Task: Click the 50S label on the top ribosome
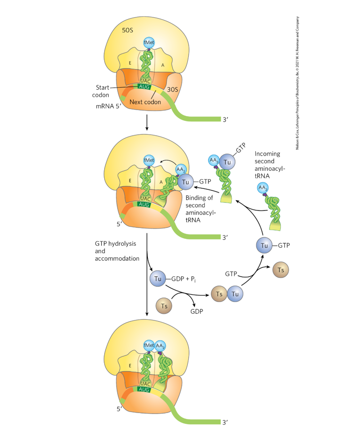tap(127, 30)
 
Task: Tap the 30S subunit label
tap(172, 90)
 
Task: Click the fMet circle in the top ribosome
tap(149, 43)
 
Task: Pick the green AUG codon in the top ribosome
tap(145, 86)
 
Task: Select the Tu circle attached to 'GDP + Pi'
tap(158, 279)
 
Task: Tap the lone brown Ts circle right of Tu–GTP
tap(280, 270)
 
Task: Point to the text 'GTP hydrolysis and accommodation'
tap(115, 250)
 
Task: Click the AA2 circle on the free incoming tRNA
tap(263, 188)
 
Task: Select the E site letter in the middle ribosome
tap(130, 181)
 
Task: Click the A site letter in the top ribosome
tap(163, 64)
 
